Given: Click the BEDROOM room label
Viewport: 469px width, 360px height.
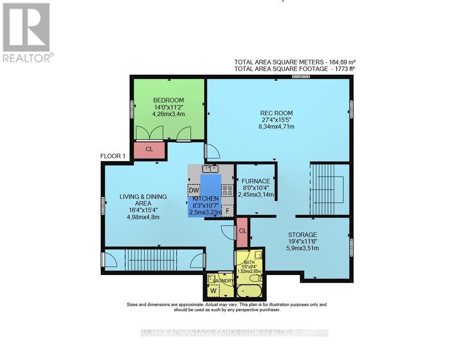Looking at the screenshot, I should pyautogui.click(x=168, y=100).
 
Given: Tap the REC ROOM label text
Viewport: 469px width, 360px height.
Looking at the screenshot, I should pyautogui.click(x=276, y=113).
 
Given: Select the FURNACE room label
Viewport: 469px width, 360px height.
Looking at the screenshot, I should pyautogui.click(x=256, y=181).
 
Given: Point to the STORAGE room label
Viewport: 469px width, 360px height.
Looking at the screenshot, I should pyautogui.click(x=303, y=235).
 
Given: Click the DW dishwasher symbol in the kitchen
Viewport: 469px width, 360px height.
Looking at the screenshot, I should pyautogui.click(x=193, y=190).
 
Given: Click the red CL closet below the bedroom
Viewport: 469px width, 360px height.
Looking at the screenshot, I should pyautogui.click(x=149, y=150).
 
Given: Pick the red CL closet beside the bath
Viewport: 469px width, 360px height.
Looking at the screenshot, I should pyautogui.click(x=242, y=231).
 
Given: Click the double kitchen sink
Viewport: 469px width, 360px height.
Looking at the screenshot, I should pyautogui.click(x=211, y=169).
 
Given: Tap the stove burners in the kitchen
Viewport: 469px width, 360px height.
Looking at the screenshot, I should pyautogui.click(x=228, y=190).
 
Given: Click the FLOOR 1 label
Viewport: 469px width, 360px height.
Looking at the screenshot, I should pyautogui.click(x=113, y=157).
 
